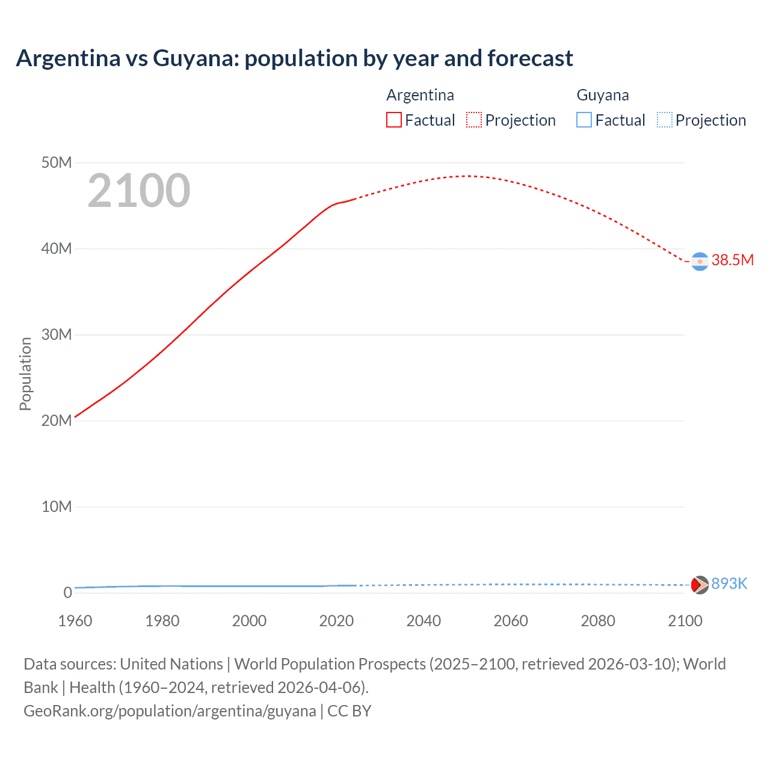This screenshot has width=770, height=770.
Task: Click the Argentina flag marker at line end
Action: tap(700, 262)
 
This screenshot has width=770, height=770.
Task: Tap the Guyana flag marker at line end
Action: tap(700, 585)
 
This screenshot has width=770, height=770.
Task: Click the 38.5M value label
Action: tap(732, 260)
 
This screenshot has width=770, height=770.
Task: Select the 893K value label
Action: tap(729, 584)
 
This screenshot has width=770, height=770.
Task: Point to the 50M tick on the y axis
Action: tap(57, 163)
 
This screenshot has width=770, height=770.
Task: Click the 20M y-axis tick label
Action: tap(57, 421)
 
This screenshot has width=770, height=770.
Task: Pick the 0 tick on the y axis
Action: tap(67, 593)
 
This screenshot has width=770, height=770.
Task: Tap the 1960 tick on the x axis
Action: tap(75, 621)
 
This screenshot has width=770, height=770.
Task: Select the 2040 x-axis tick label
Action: tap(423, 621)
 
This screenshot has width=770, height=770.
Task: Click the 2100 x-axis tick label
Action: tap(685, 621)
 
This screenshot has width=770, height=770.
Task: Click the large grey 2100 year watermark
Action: tap(139, 191)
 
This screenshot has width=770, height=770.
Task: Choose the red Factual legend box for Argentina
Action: tap(394, 120)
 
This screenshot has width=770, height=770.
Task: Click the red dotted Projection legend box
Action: tap(474, 120)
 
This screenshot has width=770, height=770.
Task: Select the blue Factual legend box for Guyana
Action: tap(584, 120)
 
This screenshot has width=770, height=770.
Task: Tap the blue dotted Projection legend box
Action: tap(664, 120)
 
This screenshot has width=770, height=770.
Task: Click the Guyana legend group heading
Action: tap(603, 95)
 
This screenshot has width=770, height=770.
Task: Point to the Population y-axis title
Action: tap(25, 374)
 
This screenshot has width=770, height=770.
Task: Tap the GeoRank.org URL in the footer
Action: tap(170, 711)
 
